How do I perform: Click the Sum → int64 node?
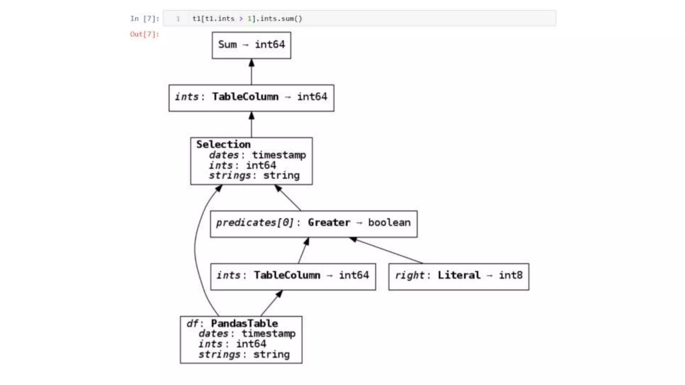coord(251,45)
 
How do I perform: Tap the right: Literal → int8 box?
coord(459,276)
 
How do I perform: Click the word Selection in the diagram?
coord(223,144)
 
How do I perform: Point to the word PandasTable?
coord(244,324)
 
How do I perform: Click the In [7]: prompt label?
coord(144,19)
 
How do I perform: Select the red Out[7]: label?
coord(144,34)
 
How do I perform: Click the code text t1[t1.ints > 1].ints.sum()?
coord(247,19)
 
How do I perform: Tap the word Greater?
coord(329,223)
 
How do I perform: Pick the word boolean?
coord(389,223)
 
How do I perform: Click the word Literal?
coord(459,275)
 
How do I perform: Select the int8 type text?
coord(510,275)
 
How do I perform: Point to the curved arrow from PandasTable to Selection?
coord(195,251)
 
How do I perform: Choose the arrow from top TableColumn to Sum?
coord(252,72)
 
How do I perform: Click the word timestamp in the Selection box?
coord(279,155)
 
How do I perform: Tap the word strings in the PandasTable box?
coord(219,354)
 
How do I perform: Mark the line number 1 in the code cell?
coord(178,19)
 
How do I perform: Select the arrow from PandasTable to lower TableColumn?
coord(271,303)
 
